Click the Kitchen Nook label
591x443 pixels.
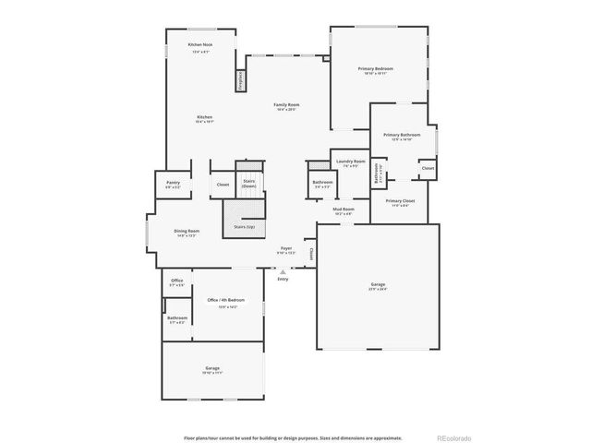[200, 45]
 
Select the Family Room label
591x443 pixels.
[286, 105]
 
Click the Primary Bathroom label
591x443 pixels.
[402, 136]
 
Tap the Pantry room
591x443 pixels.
[173, 184]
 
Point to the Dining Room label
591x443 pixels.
[187, 232]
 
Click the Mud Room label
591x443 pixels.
[344, 210]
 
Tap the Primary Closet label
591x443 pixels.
[400, 201]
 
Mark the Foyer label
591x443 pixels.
[287, 249]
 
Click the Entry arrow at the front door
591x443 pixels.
[283, 271]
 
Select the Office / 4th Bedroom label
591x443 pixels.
[226, 301]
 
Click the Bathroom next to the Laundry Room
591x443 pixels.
[322, 183]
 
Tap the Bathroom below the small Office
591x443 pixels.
[176, 319]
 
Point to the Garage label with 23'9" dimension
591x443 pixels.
[378, 285]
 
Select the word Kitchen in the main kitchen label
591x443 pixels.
[205, 117]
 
